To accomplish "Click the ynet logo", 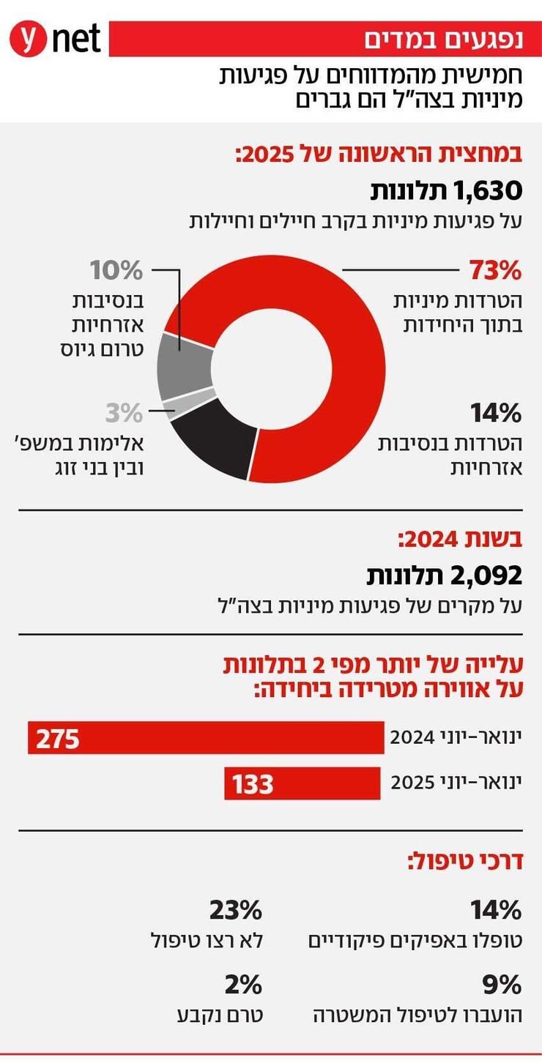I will click(x=54, y=39).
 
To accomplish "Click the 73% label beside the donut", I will click(x=494, y=270).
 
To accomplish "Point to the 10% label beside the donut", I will click(x=116, y=270).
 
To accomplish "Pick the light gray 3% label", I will click(x=122, y=413).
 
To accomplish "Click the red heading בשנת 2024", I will click(x=459, y=540).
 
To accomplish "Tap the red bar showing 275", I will click(x=205, y=737).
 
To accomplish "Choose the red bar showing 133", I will click(x=302, y=783).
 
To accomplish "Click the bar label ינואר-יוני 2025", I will click(x=456, y=783).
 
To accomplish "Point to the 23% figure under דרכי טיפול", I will click(x=235, y=911).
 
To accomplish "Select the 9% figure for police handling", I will click(x=502, y=985).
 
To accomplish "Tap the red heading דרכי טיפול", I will click(x=464, y=861).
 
